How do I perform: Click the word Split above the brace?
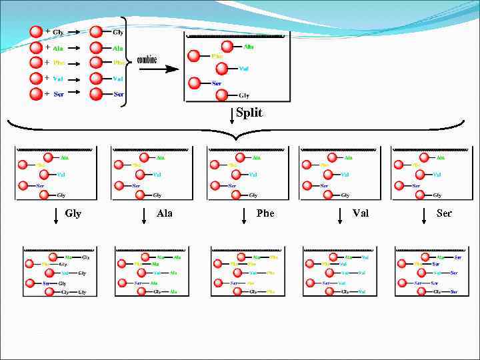click(x=249, y=113)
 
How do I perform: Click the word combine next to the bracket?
click(x=147, y=60)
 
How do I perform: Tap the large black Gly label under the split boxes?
click(x=73, y=213)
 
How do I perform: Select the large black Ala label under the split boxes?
click(x=165, y=213)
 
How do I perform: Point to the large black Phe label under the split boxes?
click(x=265, y=213)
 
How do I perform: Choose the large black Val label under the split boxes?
click(x=361, y=213)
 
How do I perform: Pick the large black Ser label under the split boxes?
click(x=444, y=213)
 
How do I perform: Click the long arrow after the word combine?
click(x=163, y=69)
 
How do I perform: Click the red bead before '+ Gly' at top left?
click(x=35, y=32)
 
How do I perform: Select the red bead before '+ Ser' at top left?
click(x=35, y=93)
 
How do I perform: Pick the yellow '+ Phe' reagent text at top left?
click(x=56, y=63)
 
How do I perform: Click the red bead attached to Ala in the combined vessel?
click(x=227, y=47)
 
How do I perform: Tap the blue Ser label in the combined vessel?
click(x=217, y=83)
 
